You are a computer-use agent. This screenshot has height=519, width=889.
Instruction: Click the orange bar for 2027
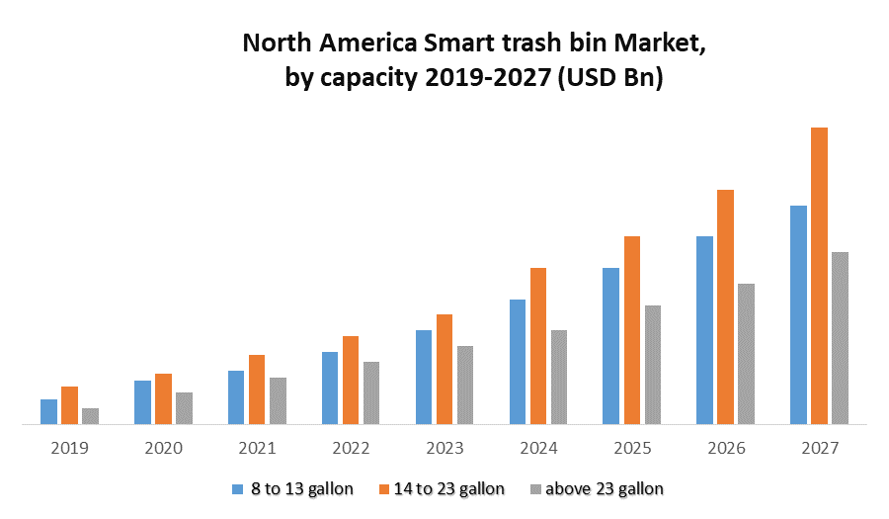pos(819,276)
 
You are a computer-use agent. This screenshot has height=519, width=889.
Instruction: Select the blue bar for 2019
pos(48,411)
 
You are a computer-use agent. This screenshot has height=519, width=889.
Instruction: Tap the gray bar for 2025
pos(653,365)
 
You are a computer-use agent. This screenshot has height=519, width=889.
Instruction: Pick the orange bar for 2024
pos(538,346)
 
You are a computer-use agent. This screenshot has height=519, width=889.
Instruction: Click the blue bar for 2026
pos(704,330)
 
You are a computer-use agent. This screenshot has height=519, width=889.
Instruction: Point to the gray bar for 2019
pos(90,416)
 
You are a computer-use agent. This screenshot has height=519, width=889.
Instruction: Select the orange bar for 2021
pos(257,389)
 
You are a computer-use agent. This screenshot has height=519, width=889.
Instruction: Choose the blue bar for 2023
pos(424,377)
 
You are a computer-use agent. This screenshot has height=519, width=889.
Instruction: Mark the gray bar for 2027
pos(840,338)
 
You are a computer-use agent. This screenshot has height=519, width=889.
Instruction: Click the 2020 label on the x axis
pos(163,448)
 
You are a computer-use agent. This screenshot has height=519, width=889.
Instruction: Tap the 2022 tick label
pos(351,448)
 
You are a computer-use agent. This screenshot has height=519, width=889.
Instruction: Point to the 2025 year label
pos(632,448)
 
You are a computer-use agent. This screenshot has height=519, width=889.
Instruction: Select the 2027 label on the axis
pos(820,448)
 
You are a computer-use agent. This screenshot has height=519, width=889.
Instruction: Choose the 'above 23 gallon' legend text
pos(605,488)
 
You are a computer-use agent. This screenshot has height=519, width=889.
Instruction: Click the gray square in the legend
pos(535,488)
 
